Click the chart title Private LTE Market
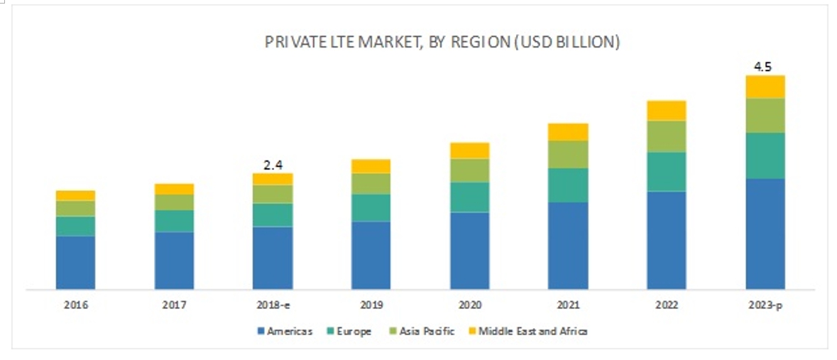442,43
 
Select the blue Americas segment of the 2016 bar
75,262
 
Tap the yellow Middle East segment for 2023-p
765,87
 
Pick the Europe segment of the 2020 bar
470,197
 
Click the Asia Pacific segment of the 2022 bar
666,136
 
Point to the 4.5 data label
763,67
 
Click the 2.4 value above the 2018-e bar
272,165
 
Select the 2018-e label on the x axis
273,305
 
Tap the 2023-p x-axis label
765,305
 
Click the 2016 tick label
75,305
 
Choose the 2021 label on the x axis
568,305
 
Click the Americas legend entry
283,331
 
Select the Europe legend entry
348,331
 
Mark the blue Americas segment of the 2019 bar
371,255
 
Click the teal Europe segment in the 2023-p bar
765,155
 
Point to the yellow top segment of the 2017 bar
174,189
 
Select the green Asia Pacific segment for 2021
568,154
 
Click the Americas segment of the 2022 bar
666,240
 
